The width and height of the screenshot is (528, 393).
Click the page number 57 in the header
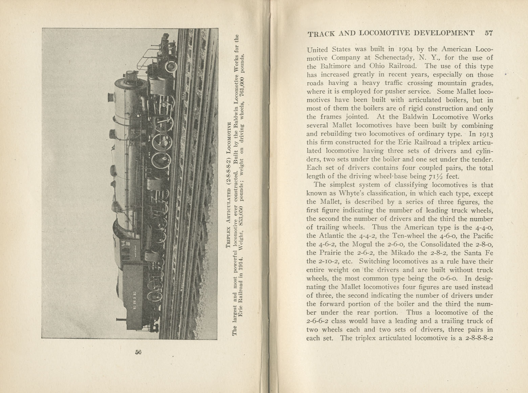point(488,33)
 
